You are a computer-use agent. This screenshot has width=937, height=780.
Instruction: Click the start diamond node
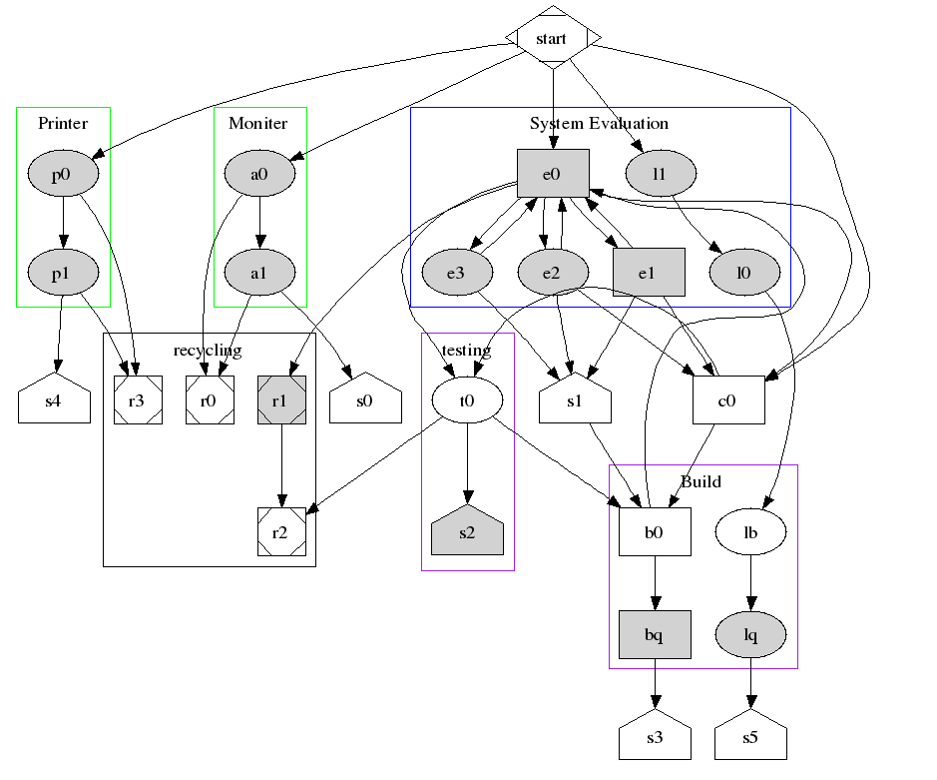[x=552, y=39]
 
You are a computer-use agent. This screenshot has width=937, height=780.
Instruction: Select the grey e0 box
[x=553, y=174]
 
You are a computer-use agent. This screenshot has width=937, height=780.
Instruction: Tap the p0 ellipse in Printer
[x=62, y=174]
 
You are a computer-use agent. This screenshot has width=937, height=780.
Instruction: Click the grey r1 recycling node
[x=281, y=400]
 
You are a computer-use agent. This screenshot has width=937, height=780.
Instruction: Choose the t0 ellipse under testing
[x=467, y=400]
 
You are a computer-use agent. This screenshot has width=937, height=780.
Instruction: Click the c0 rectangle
[x=728, y=400]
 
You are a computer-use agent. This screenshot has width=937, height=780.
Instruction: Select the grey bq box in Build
[x=655, y=635]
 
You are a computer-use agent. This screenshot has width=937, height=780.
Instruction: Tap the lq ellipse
[x=751, y=635]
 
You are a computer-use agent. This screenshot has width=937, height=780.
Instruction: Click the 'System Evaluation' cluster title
[x=599, y=124]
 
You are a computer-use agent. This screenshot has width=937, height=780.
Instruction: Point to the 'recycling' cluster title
[x=208, y=350]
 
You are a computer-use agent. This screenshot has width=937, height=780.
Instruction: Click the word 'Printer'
[x=63, y=124]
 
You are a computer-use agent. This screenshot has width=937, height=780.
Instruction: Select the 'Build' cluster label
[x=701, y=481]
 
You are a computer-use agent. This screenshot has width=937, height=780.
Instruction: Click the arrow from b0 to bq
[x=655, y=583]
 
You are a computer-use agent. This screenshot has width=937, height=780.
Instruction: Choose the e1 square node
[x=649, y=272]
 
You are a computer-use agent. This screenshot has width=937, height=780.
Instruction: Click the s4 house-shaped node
[x=54, y=402]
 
